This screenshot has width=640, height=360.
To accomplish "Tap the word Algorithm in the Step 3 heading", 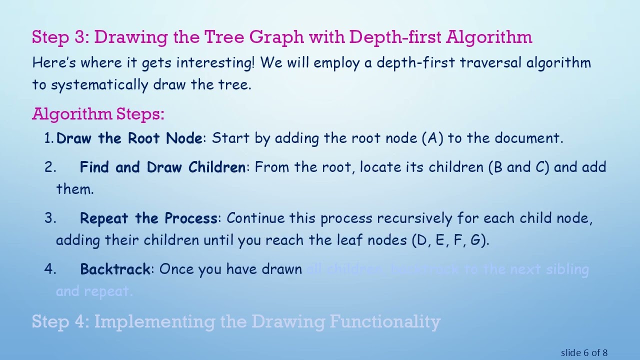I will (489, 37).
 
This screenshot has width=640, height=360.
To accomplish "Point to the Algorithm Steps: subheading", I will (98, 114).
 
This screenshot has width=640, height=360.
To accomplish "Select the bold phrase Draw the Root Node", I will (129, 138).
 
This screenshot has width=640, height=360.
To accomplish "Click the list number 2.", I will (49, 167).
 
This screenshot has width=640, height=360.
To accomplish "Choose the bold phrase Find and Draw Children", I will (162, 167).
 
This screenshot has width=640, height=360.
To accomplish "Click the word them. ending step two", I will (75, 189).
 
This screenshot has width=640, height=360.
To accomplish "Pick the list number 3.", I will (49, 218).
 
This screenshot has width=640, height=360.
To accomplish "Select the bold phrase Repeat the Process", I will (148, 218).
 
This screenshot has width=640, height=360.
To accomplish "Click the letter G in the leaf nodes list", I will (476, 240).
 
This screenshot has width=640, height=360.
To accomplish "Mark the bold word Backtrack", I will (115, 269).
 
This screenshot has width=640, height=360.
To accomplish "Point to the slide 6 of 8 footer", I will (584, 353).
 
